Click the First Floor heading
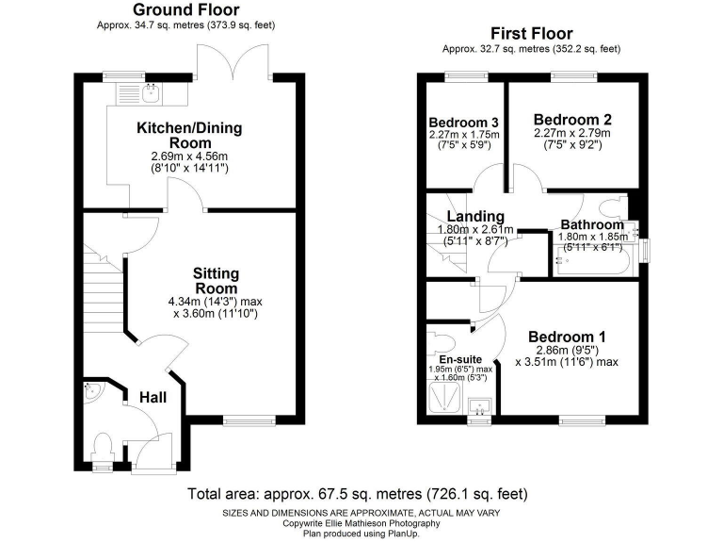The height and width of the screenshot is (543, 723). pos(532,34)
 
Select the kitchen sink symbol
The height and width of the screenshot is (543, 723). pos(149,91)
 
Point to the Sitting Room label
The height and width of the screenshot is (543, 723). pos(216,280)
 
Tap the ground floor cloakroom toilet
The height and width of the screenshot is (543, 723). pos(104,445)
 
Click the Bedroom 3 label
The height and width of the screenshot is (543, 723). pos(463,123)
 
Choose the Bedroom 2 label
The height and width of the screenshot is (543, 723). pos(572,120)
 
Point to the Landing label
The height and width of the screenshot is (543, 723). pos(476,217)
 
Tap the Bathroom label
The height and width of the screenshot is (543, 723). pos(592,225)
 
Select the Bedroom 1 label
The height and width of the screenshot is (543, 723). pos(566,337)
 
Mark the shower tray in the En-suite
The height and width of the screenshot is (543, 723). pos(443,402)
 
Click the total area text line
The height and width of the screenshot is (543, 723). pos(358,493)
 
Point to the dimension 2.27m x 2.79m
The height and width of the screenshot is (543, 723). pos(572,134)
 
